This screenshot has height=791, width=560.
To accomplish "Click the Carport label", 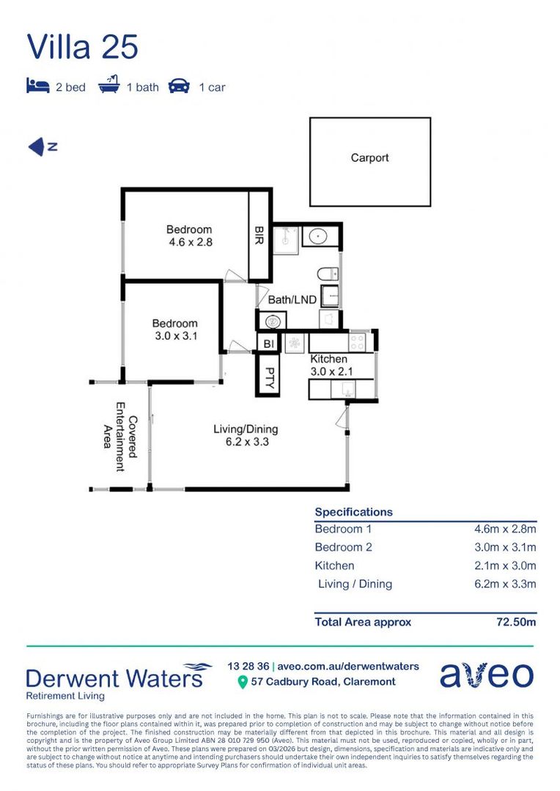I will coord(369,157).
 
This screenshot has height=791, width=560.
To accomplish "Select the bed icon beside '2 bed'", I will coord(37,86).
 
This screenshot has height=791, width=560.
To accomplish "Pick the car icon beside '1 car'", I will coord(179,86).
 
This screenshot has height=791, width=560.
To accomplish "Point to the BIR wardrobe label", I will coord(259,237).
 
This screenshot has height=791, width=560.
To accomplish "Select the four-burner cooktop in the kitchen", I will coord(358,341).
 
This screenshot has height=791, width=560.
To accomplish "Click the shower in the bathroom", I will coord(284,239).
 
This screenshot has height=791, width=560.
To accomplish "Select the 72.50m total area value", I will coord(516,622).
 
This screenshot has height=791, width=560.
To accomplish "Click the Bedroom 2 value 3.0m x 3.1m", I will coord(505,547).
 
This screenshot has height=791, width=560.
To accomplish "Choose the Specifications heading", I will coord(353,512).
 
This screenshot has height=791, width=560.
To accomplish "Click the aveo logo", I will coord(486,675).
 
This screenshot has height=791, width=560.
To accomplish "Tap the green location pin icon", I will coord(243,682).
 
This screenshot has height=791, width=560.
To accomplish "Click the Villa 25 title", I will coord(82,47).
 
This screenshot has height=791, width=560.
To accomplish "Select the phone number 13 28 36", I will coord(248,666).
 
